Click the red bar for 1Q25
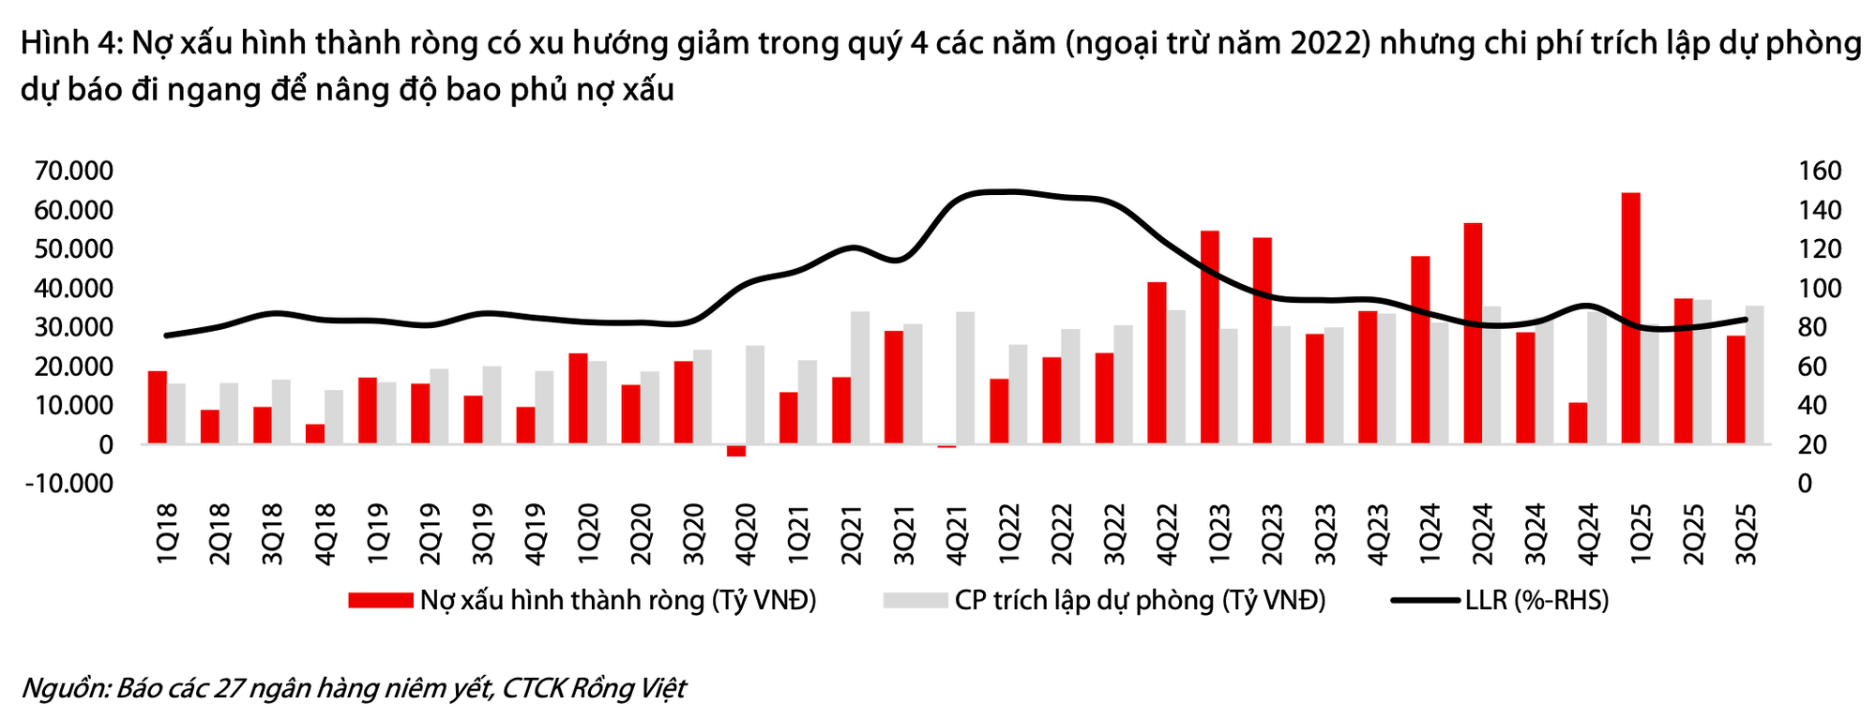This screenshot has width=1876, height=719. [1631, 319]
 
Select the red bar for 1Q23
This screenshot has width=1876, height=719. [1210, 337]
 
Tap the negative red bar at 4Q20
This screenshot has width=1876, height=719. [736, 451]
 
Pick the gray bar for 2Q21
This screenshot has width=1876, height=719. [860, 378]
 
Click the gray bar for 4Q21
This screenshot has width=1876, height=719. [965, 378]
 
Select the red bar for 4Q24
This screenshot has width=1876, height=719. [1579, 423]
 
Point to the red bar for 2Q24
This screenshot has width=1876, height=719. [1473, 334]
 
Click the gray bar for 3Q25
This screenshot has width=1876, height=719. [1754, 375]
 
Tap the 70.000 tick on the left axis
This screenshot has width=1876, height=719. [73, 172]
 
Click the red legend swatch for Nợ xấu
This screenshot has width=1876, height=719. [380, 601]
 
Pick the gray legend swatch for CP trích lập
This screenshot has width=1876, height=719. [915, 601]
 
